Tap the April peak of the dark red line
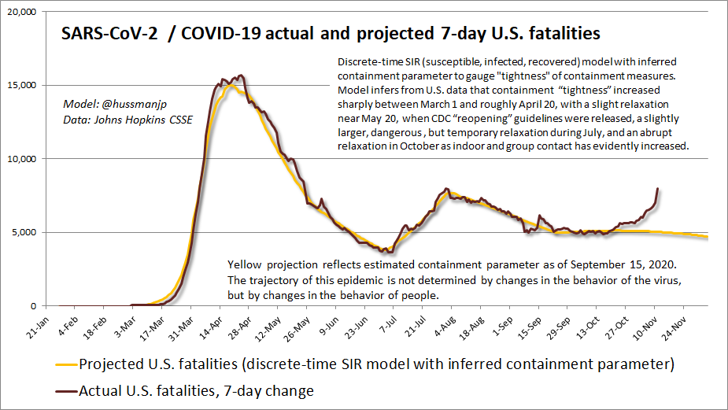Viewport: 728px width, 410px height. [x=240, y=76]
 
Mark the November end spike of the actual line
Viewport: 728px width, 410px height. [x=657, y=189]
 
